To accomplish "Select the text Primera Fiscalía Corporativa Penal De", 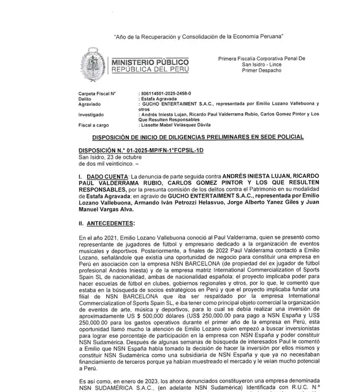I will pyautogui.click(x=262, y=59).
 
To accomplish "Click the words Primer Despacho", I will pyautogui.click(x=262, y=71).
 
